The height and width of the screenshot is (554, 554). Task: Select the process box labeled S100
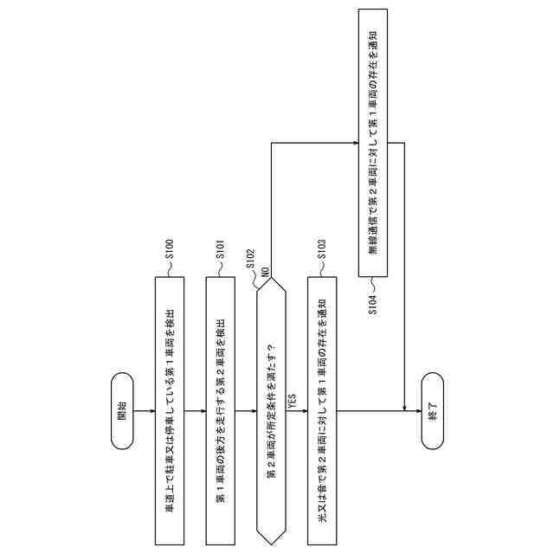tap(170, 409)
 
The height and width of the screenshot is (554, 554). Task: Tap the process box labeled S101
tap(220, 409)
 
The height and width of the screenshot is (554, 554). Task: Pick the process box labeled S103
tap(321, 409)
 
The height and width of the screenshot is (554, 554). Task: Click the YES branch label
tap(293, 403)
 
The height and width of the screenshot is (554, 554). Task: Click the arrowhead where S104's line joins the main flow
tap(405, 408)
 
